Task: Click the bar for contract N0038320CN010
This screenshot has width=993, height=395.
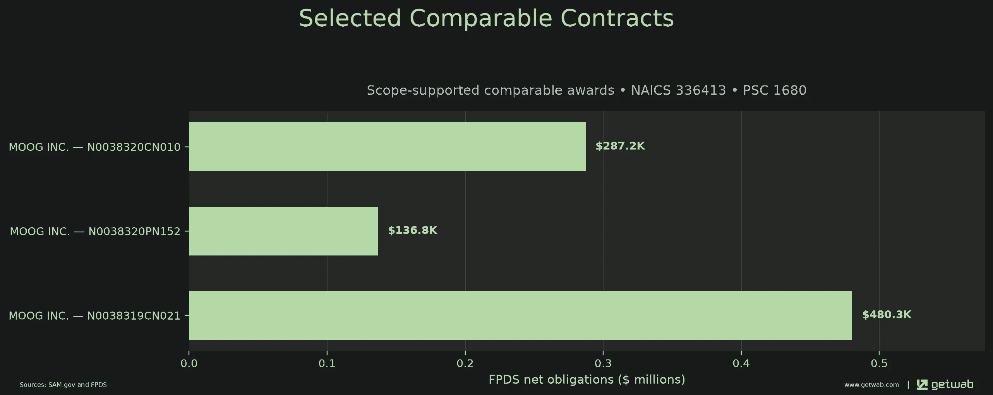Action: (x=387, y=146)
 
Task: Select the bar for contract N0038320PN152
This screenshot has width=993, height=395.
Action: (x=283, y=231)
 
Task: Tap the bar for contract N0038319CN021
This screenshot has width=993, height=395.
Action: (x=520, y=315)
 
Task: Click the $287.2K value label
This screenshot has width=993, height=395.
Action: (x=620, y=146)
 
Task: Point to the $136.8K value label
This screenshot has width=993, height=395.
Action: (x=413, y=230)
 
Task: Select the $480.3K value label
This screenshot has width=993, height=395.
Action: (x=887, y=315)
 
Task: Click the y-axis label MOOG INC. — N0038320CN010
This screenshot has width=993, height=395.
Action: (x=94, y=147)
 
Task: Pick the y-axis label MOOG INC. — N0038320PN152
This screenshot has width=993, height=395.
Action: (x=95, y=232)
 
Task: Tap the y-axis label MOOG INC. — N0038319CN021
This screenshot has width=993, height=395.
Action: (x=94, y=316)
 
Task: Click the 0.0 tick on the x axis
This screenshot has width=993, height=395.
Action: (x=189, y=364)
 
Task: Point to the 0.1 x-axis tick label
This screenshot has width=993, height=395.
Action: (x=327, y=364)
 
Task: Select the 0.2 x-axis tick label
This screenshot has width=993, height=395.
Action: (x=465, y=364)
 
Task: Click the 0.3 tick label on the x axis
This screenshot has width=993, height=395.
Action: (x=603, y=364)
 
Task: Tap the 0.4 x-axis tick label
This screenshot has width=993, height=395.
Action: (x=741, y=364)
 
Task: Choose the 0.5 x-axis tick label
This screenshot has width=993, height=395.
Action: (x=879, y=364)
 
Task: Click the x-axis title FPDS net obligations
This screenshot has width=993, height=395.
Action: (x=587, y=380)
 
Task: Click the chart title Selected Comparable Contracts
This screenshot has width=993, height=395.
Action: (x=486, y=18)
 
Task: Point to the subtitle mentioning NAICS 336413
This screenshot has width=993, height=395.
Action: (x=587, y=90)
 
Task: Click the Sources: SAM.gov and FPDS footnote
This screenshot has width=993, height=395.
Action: (x=63, y=385)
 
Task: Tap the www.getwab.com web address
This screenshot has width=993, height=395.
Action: (x=871, y=385)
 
